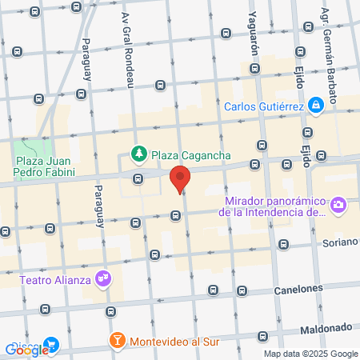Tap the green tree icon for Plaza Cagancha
(138, 152)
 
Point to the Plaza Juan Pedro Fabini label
(46, 166)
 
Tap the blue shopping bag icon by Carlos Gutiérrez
(318, 104)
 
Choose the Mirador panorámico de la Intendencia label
(276, 206)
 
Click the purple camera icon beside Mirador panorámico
(338, 206)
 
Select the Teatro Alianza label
(53, 280)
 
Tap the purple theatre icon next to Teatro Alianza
(102, 279)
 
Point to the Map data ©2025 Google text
(311, 354)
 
